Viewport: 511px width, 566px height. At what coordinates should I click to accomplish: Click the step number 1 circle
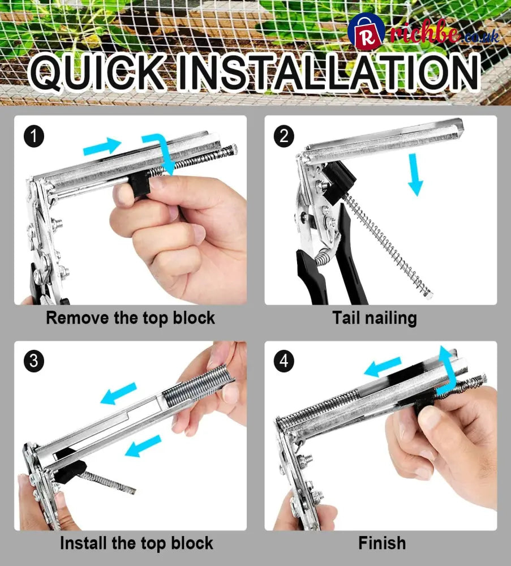coord(34,136)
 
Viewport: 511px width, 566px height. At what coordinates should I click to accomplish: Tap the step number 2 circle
coord(284,136)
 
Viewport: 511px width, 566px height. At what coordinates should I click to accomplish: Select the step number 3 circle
coord(34,361)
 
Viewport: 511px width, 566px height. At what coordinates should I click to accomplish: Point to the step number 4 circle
coord(284,361)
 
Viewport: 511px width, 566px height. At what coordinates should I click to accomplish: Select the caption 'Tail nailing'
coord(375,318)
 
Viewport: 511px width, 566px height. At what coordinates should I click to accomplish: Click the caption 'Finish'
coord(382,543)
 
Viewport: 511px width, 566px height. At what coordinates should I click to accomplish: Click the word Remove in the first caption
coord(77,318)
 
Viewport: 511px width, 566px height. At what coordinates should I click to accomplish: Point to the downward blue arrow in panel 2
coord(415,174)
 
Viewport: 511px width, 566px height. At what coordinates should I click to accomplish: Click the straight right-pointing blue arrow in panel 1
coord(102,146)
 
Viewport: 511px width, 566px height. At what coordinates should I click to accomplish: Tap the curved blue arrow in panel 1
coord(162,149)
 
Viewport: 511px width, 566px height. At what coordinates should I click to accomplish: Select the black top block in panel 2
coord(338,182)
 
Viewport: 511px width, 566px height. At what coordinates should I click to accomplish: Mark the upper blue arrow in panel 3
coord(118,393)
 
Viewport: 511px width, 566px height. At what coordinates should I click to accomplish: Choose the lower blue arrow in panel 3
coord(143,445)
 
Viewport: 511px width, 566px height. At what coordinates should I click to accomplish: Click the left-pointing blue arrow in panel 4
coord(382,367)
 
